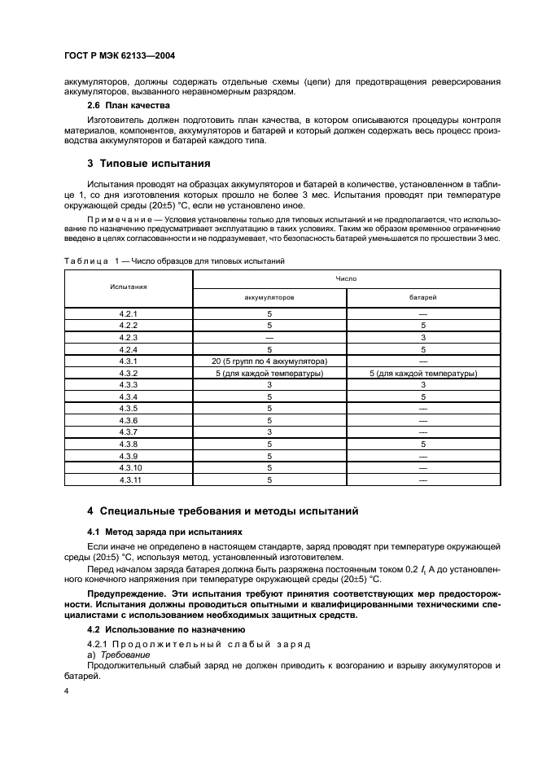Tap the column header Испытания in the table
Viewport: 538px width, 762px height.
point(129,287)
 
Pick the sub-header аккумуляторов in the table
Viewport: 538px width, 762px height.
point(269,297)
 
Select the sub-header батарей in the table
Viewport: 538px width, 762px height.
point(422,297)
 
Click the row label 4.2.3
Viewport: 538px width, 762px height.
point(129,336)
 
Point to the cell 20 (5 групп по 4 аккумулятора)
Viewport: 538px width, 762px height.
point(269,361)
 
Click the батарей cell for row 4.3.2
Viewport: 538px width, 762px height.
point(422,373)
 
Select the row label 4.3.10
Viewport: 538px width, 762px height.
point(129,468)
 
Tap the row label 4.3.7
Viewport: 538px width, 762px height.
point(129,432)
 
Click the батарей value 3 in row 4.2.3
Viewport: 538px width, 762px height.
point(422,336)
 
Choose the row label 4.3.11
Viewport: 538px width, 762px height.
point(129,480)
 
